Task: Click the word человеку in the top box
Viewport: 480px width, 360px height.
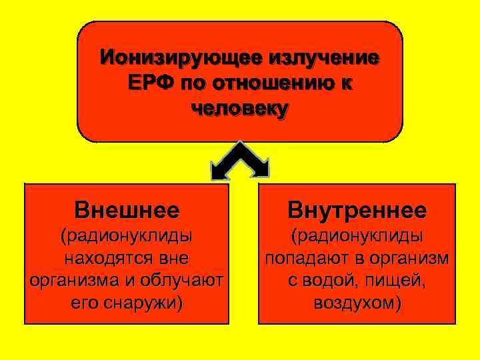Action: [240, 109]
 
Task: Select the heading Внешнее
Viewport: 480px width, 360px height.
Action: [127, 211]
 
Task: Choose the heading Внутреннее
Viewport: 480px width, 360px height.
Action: [357, 211]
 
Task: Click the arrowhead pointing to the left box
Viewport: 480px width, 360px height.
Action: [219, 172]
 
